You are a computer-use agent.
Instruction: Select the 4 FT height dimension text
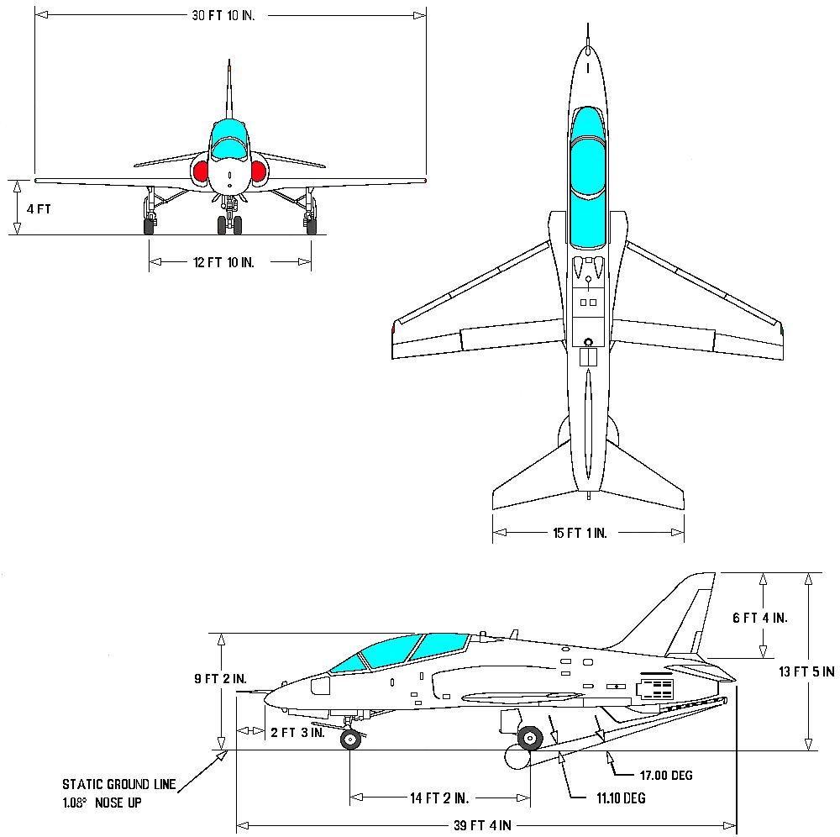(39, 208)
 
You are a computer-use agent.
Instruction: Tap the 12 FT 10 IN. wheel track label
(223, 262)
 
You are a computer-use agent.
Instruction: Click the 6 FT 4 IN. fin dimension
(759, 618)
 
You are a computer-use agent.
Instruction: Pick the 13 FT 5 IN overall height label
(806, 671)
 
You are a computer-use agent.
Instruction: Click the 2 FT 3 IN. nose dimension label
(297, 732)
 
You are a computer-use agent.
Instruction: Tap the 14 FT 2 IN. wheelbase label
(439, 798)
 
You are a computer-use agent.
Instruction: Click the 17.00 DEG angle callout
(664, 775)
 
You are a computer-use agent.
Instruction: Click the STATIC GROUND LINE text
(118, 785)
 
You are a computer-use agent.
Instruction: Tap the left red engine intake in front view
(202, 171)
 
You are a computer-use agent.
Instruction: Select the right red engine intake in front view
(258, 171)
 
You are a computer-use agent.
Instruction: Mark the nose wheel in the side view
(350, 739)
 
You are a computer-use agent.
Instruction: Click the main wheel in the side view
(529, 738)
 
